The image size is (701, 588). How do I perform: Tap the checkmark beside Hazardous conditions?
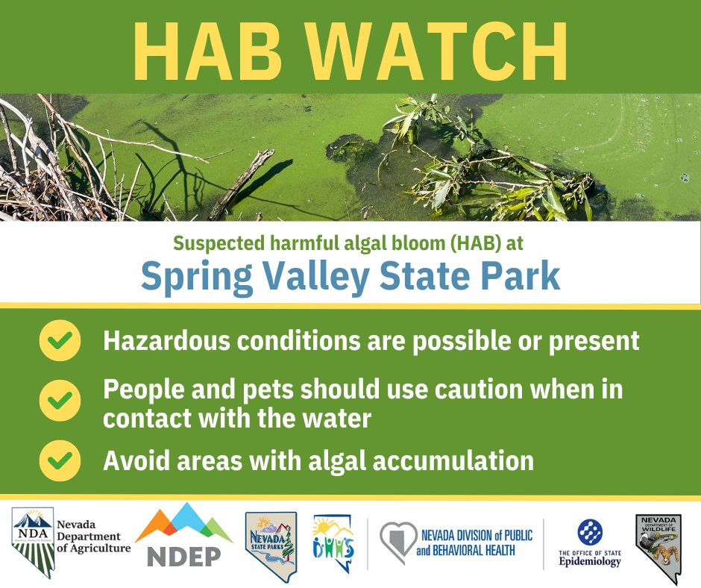(60, 341)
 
